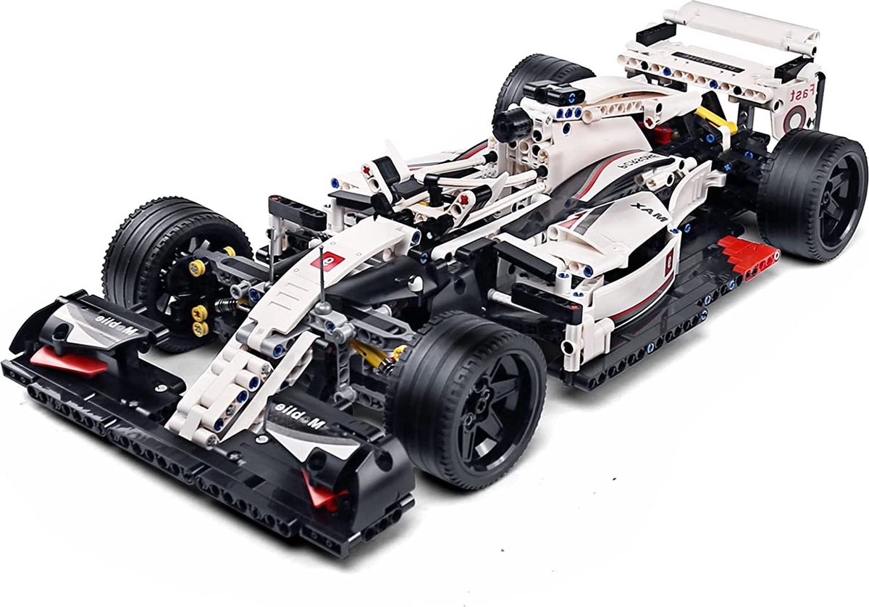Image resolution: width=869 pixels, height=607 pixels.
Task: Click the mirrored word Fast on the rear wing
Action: [802, 94]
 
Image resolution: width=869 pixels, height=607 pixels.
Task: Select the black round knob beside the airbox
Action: [507, 127]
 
